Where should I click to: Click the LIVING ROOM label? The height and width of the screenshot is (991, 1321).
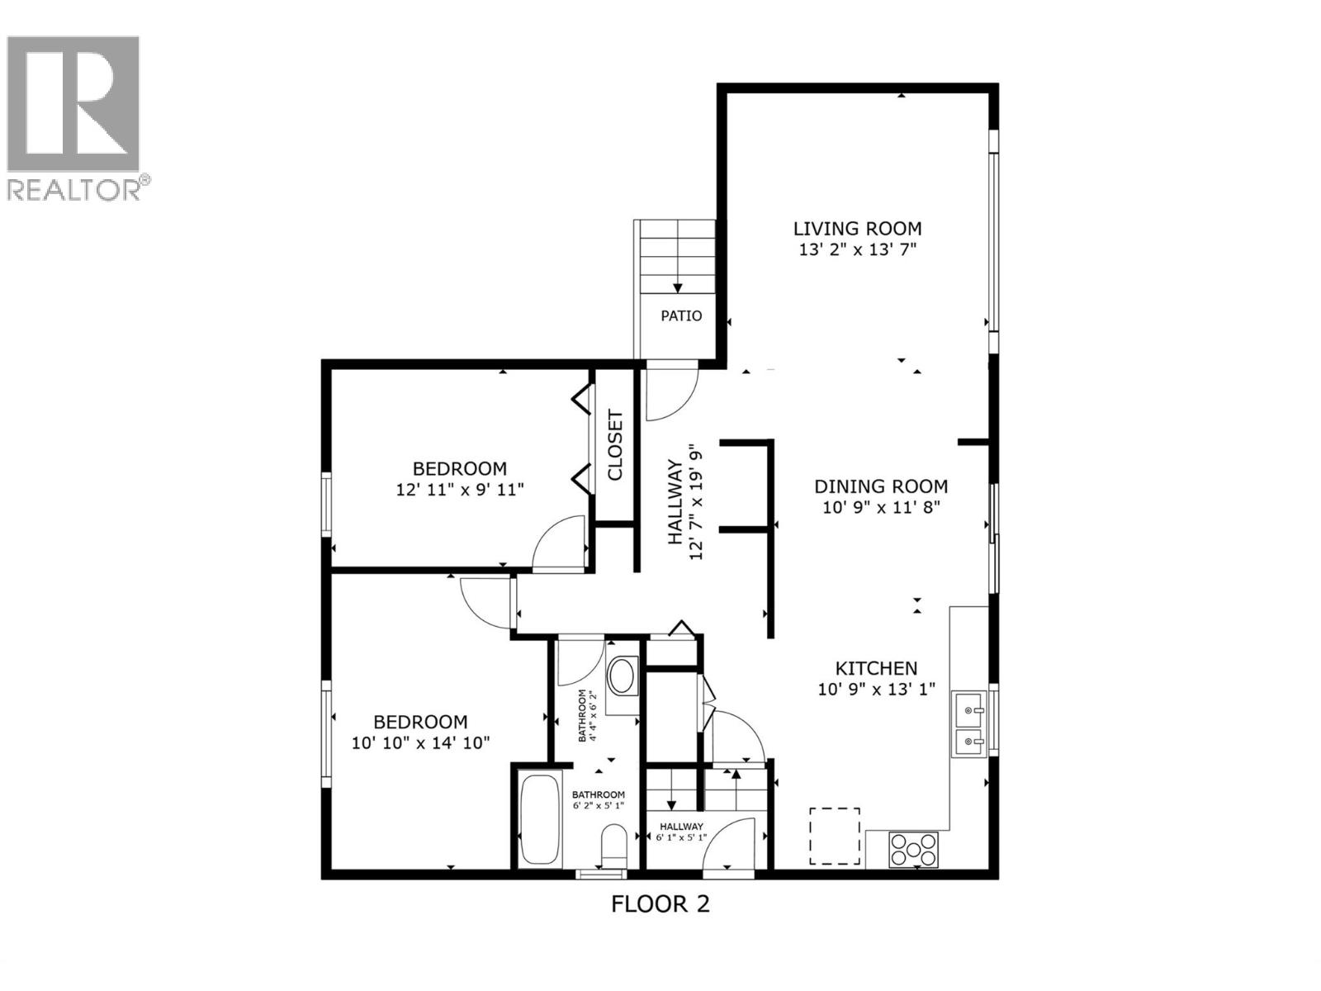click(x=857, y=229)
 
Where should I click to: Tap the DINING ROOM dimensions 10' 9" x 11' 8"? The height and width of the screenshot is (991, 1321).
click(x=881, y=507)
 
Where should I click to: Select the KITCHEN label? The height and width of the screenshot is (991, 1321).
click(x=876, y=668)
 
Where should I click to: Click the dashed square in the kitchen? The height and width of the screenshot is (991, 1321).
click(x=835, y=836)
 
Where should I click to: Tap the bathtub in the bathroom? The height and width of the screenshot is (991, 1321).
click(x=542, y=817)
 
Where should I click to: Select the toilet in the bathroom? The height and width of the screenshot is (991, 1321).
click(x=613, y=846)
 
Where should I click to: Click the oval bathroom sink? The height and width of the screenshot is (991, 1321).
click(x=622, y=676)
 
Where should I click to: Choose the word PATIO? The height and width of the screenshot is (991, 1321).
click(x=681, y=315)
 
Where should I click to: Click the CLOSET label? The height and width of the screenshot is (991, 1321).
click(x=615, y=445)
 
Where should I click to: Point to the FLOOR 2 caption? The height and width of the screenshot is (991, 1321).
click(x=660, y=904)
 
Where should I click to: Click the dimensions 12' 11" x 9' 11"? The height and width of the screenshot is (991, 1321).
click(x=460, y=490)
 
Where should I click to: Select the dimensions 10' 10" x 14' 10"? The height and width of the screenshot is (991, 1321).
click(x=420, y=742)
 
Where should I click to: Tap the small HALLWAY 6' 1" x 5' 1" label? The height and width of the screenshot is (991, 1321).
click(x=681, y=832)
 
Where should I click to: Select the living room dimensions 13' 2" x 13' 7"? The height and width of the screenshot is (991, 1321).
click(x=858, y=250)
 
